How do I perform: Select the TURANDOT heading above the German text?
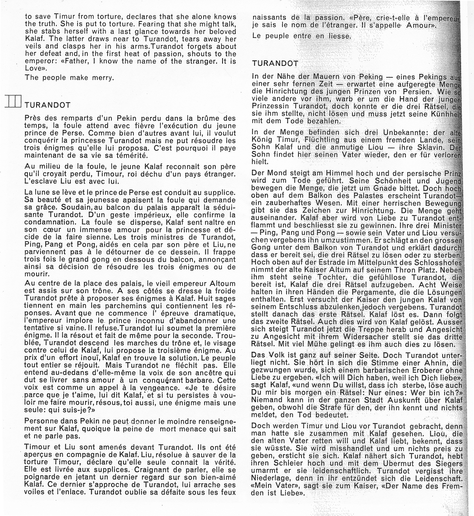[x=275, y=63]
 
